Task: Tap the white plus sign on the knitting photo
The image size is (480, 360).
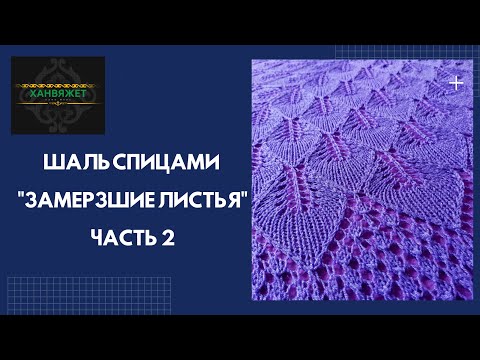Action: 456,84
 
